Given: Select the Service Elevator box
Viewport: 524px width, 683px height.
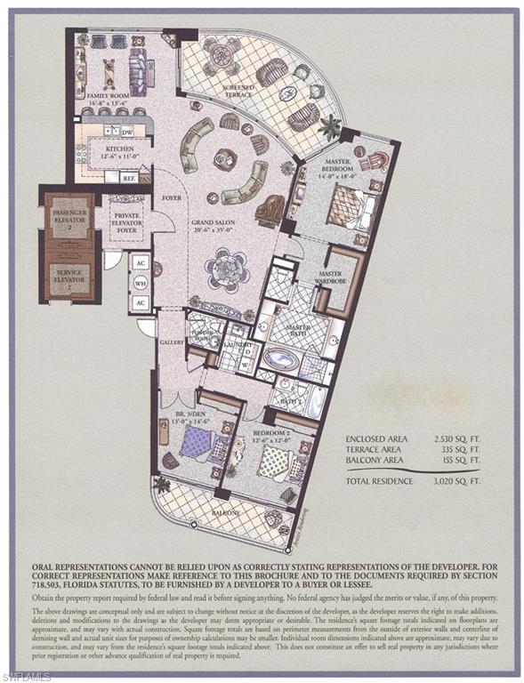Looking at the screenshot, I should tap(68, 277).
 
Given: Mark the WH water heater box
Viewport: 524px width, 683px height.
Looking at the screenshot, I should tap(140, 283).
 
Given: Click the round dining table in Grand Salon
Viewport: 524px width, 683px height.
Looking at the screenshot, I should tap(228, 268).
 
